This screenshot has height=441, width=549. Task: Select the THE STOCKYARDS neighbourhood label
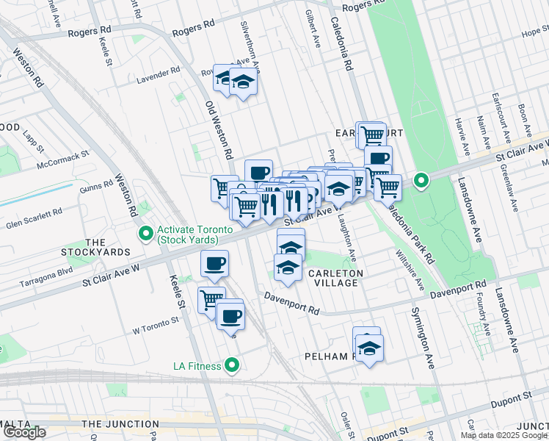107,247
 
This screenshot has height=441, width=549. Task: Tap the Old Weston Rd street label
219,132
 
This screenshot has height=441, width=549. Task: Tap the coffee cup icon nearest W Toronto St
230,317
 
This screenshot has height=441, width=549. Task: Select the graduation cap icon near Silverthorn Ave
243,84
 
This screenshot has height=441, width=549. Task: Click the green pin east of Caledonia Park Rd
421,180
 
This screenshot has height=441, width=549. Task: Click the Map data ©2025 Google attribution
503,435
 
